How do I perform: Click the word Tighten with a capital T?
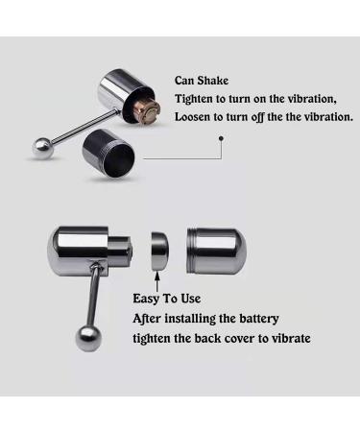(199, 99)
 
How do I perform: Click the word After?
(149, 319)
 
